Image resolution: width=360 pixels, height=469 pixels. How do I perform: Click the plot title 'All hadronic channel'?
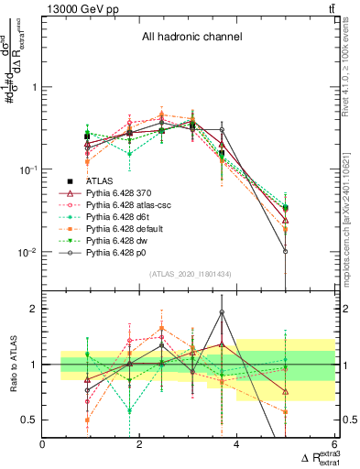191,38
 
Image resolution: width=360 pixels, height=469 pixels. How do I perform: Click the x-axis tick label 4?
237,444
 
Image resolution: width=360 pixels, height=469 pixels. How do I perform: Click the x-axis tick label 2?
140,444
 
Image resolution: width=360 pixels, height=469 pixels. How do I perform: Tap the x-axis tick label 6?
334,444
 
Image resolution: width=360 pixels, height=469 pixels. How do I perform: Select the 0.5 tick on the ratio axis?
32,420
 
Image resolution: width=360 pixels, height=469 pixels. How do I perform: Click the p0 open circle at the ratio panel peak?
222,312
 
